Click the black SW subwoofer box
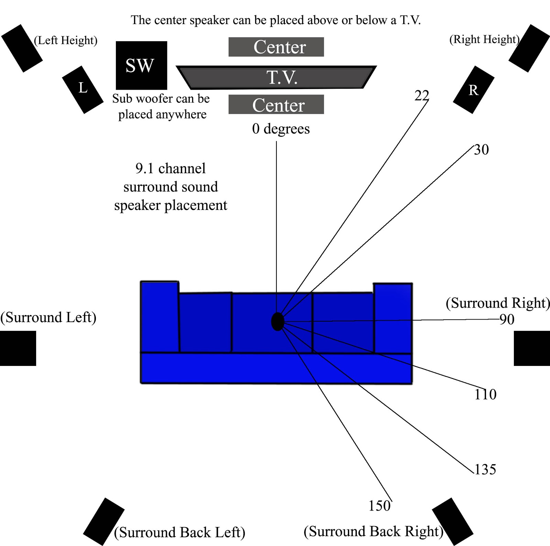pyautogui.click(x=141, y=65)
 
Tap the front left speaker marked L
pyautogui.click(x=83, y=89)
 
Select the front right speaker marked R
pyautogui.click(x=473, y=90)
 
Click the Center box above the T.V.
pyautogui.click(x=276, y=47)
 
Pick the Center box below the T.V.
pyautogui.click(x=276, y=104)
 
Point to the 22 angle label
pyautogui.click(x=422, y=96)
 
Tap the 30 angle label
pyautogui.click(x=481, y=150)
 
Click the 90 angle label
pyautogui.click(x=507, y=320)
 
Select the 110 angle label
pyautogui.click(x=485, y=394)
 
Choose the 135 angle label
pyautogui.click(x=485, y=469)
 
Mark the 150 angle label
pyautogui.click(x=379, y=506)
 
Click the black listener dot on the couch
pyautogui.click(x=277, y=322)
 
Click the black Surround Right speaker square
pyautogui.click(x=532, y=348)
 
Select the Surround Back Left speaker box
pyautogui.click(x=103, y=521)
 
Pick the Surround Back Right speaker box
pyautogui.click(x=452, y=521)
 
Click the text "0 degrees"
pyautogui.click(x=281, y=129)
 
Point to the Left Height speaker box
pyautogui.click(x=22, y=48)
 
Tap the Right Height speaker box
pyautogui.click(x=529, y=48)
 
